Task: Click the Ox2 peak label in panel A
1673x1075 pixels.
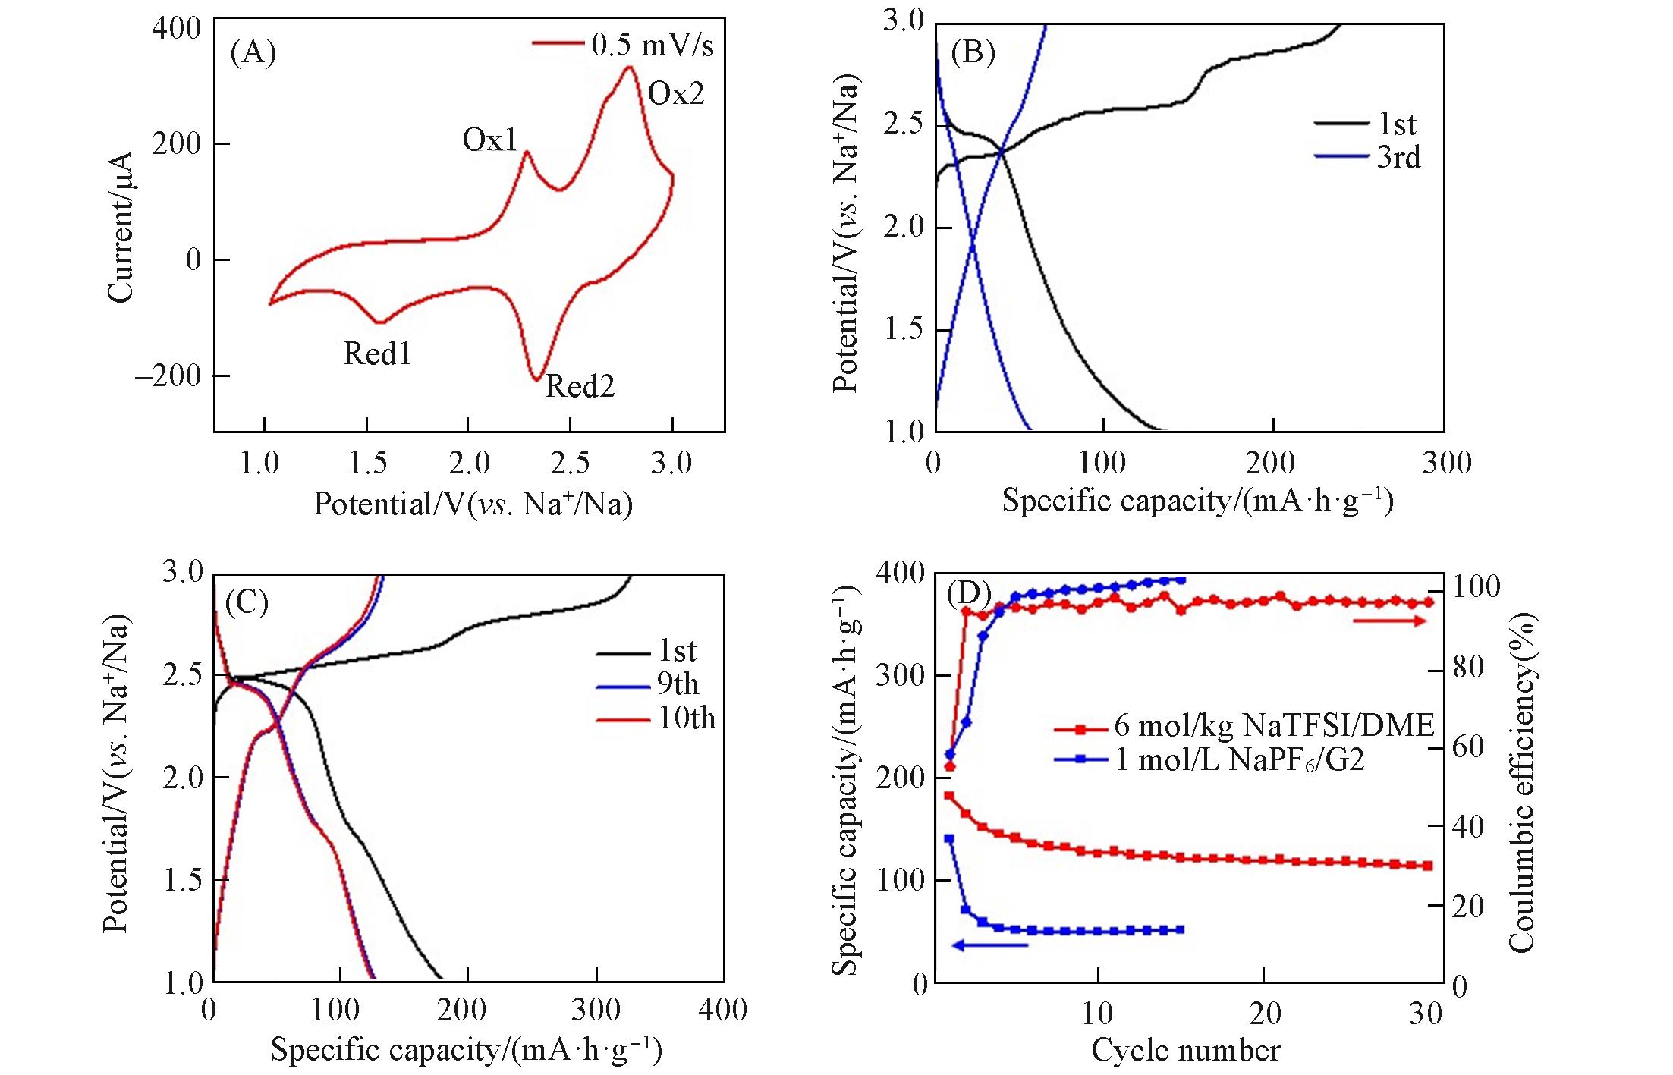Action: [x=675, y=94]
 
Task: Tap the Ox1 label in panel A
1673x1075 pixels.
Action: [x=489, y=140]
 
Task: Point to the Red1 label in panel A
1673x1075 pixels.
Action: [x=377, y=354]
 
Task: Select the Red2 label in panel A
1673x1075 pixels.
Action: [x=580, y=387]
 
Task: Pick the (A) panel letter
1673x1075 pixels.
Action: [x=253, y=53]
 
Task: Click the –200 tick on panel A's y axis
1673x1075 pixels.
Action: [x=168, y=376]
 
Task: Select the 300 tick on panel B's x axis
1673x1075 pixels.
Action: [x=1446, y=464]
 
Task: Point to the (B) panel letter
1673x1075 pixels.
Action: [x=973, y=53]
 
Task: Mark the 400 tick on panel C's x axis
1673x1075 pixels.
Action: [x=723, y=1011]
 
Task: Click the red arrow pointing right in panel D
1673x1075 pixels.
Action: [x=1388, y=621]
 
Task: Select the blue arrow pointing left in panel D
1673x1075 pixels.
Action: [x=989, y=945]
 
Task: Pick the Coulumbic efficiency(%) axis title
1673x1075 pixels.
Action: [x=1521, y=781]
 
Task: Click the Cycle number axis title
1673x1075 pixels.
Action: [x=1186, y=1051]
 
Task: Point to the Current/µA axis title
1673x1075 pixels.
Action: [x=121, y=227]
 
